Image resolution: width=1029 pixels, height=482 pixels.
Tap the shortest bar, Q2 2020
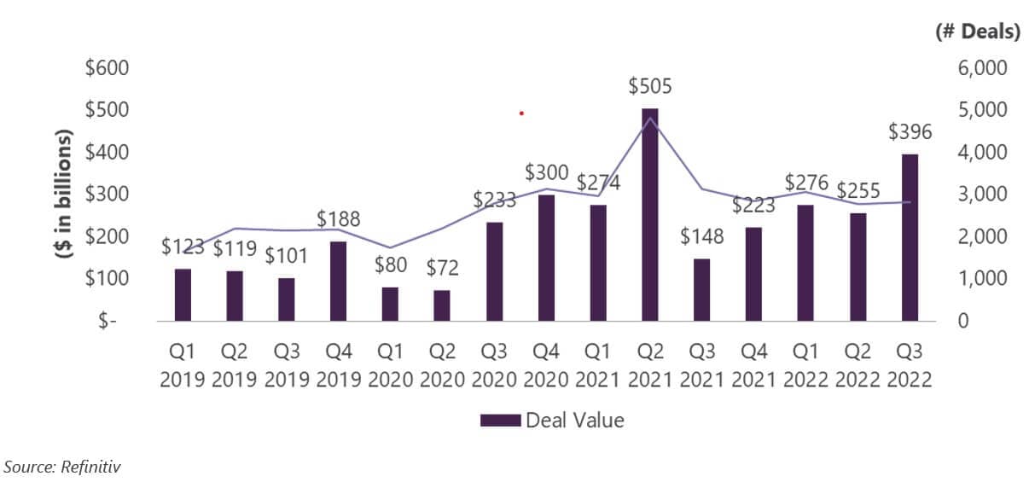coord(442,305)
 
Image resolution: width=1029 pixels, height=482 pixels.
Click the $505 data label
coord(650,87)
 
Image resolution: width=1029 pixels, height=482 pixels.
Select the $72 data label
coord(442,269)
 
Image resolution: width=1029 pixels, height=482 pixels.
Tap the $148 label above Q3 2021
coord(701,236)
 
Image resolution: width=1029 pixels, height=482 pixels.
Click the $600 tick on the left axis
coord(107,68)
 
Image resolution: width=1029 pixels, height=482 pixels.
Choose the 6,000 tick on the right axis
coord(984,68)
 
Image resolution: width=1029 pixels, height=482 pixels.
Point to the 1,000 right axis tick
coord(984,279)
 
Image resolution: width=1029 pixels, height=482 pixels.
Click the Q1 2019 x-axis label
coord(183,365)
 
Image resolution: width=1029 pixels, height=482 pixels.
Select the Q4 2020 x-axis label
coord(545,365)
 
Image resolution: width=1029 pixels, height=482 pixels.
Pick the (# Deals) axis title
coord(978,32)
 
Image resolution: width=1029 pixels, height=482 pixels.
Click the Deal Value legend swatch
coord(500,421)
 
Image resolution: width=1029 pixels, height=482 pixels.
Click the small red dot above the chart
coord(520,113)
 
